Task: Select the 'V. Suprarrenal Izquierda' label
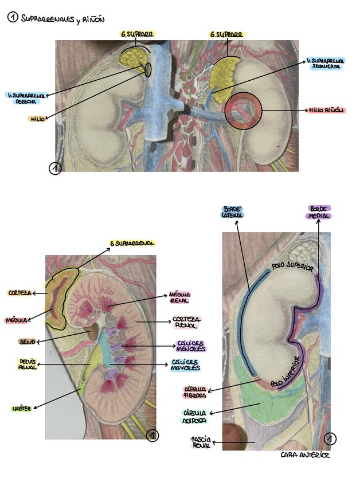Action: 324,63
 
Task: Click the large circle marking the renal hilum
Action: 242,110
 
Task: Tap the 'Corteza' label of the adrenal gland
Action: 19,293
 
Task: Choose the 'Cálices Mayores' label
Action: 185,365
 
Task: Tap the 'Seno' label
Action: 27,342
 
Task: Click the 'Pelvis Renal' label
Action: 28,364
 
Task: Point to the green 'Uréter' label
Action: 21,409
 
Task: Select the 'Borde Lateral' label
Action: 233,211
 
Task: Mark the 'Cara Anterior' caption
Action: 306,456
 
